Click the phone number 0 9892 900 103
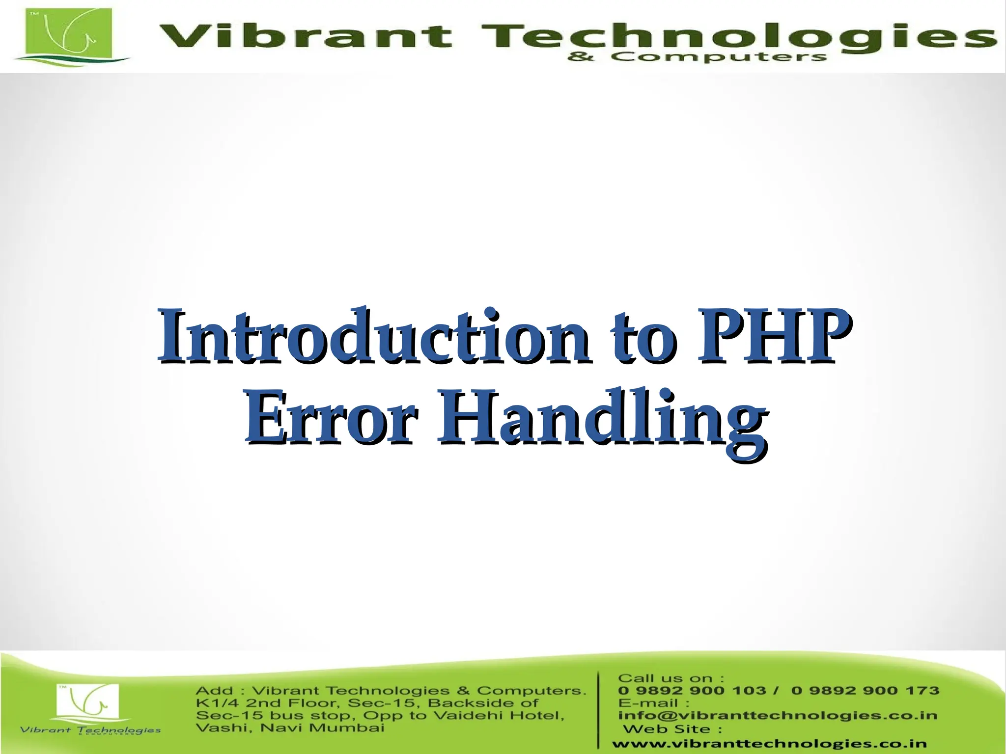(x=692, y=691)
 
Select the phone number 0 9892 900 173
(x=865, y=691)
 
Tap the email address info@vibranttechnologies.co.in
(x=778, y=716)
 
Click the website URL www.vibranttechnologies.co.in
(x=769, y=744)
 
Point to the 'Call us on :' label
(x=671, y=678)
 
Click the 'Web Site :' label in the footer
(x=672, y=729)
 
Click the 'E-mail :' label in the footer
(x=653, y=703)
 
